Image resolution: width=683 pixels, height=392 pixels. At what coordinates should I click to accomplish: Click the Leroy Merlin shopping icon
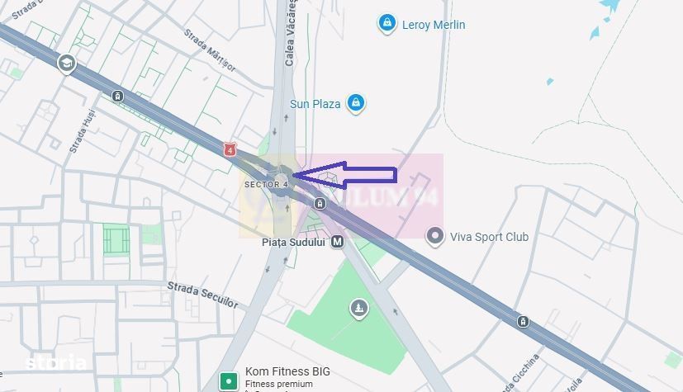pos(386,23)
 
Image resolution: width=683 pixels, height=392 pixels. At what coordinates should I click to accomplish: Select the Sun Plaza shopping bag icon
pos(356,103)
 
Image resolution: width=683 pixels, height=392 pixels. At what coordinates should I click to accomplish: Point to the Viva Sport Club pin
pos(434,237)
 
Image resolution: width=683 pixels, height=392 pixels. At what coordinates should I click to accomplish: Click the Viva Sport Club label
pos(489,237)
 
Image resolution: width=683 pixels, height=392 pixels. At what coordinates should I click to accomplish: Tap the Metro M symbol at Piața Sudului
pos(337,242)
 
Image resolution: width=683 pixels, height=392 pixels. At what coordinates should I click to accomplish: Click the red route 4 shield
pos(230,150)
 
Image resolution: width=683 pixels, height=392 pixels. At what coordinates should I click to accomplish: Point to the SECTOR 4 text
pos(266,184)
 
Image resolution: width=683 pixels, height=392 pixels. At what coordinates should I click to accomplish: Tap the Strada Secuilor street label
pos(202,294)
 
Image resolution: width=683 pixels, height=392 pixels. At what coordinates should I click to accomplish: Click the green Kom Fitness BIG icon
pos(229,381)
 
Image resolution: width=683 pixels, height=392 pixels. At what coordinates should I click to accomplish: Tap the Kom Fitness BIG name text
pos(287,371)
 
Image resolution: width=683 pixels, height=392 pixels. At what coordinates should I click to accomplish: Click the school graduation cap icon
pos(65,63)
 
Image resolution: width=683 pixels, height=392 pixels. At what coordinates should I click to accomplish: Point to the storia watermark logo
pos(55,362)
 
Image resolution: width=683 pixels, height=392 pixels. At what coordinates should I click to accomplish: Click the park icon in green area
pos(358,309)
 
